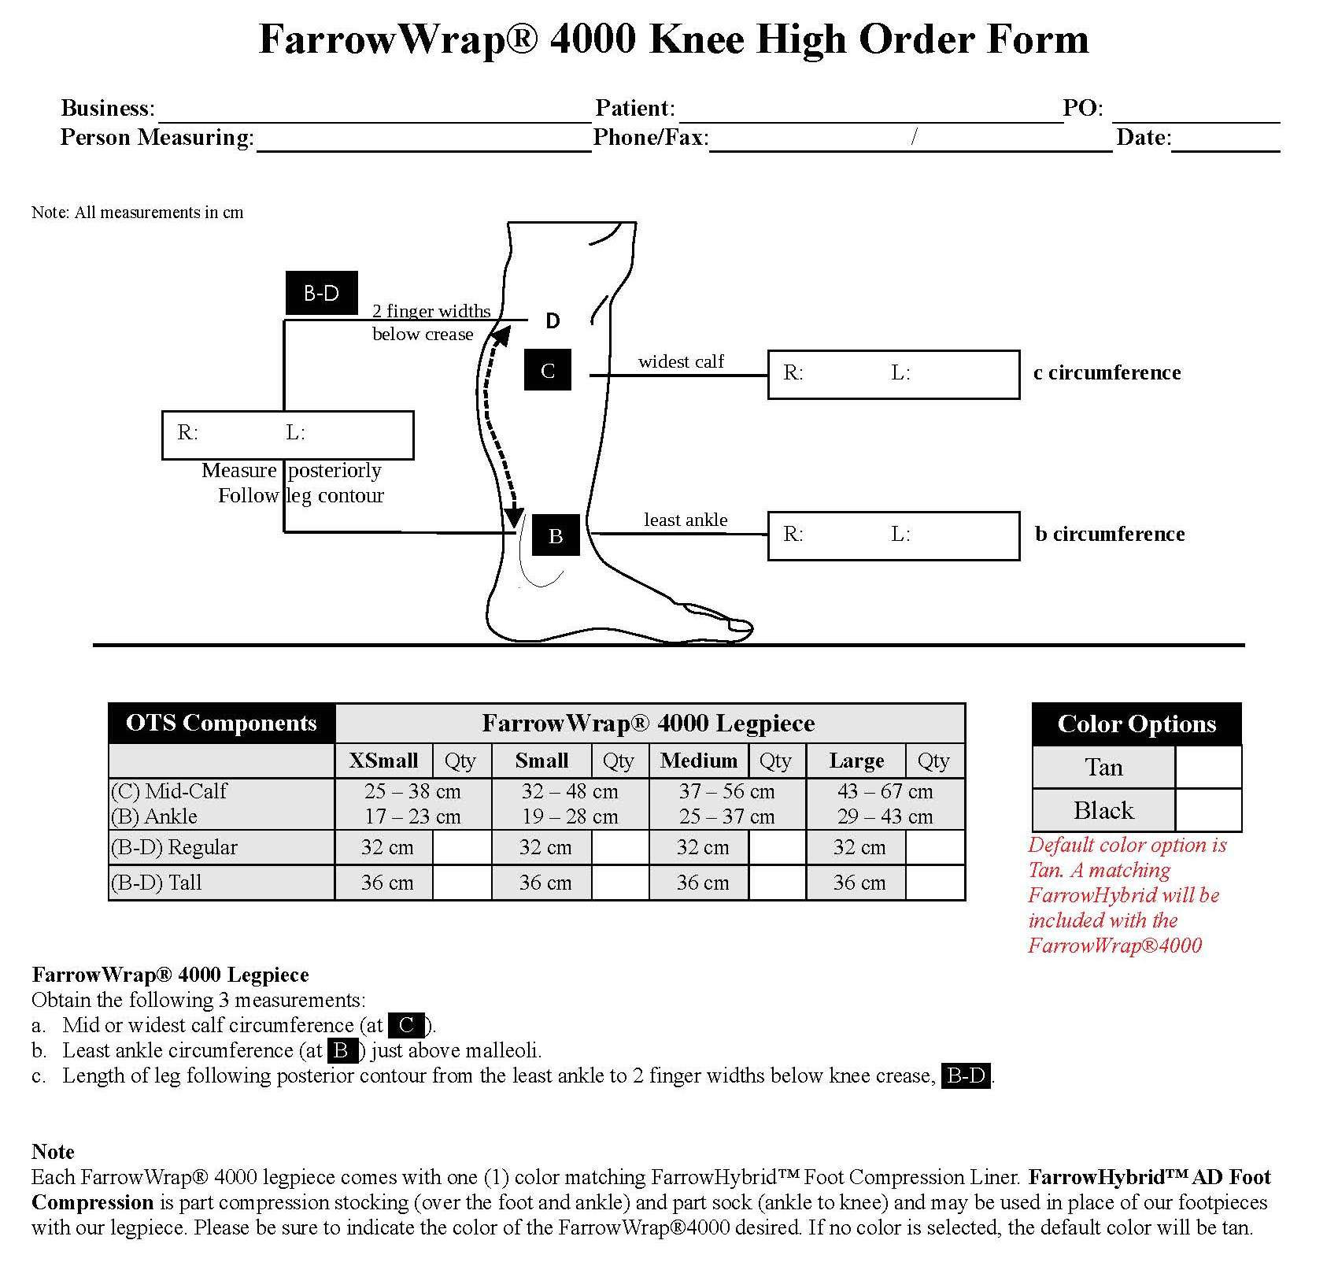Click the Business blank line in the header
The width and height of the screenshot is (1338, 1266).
pos(374,113)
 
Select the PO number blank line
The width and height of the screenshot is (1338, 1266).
pos(1196,113)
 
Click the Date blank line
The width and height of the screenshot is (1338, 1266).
pos(1225,142)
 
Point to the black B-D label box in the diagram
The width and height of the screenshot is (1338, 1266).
pos(321,293)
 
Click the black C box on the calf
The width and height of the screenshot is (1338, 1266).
pos(548,370)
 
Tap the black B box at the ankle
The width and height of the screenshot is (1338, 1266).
pos(556,536)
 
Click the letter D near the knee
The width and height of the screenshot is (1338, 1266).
pos(553,320)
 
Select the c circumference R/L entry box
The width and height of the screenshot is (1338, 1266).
pos(893,375)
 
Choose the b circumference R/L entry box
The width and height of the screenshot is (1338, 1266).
pos(893,535)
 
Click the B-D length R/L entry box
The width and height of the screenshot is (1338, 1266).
pos(287,435)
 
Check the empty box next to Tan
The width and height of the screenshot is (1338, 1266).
pos(1208,767)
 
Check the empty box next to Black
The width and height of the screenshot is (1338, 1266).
pos(1208,810)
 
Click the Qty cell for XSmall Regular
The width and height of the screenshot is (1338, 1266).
pos(462,847)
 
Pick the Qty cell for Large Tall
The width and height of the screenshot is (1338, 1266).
pos(935,883)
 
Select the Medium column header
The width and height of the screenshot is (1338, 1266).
pos(699,761)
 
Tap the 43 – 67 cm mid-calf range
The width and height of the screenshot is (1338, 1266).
pos(885,791)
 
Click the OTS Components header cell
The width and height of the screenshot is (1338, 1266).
pos(221,723)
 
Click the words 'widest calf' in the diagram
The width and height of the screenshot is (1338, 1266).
pos(681,361)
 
